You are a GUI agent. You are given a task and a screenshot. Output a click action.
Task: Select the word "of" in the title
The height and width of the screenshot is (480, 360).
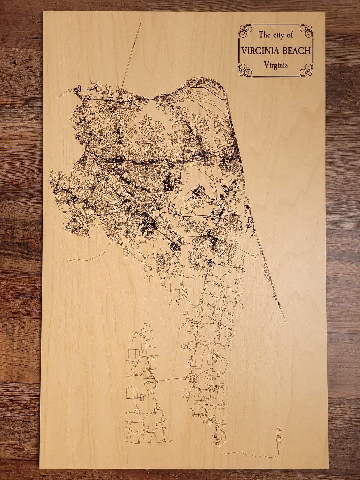click(290, 35)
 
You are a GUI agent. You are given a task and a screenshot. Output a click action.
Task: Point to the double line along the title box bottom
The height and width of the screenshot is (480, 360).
click(276, 76)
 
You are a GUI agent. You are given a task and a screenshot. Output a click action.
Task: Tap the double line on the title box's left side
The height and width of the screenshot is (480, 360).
click(239, 50)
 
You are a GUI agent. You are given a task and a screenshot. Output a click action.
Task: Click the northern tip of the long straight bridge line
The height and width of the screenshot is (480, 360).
click(141, 22)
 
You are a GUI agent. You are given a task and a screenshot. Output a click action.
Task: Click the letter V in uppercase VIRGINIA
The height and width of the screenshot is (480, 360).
click(244, 51)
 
